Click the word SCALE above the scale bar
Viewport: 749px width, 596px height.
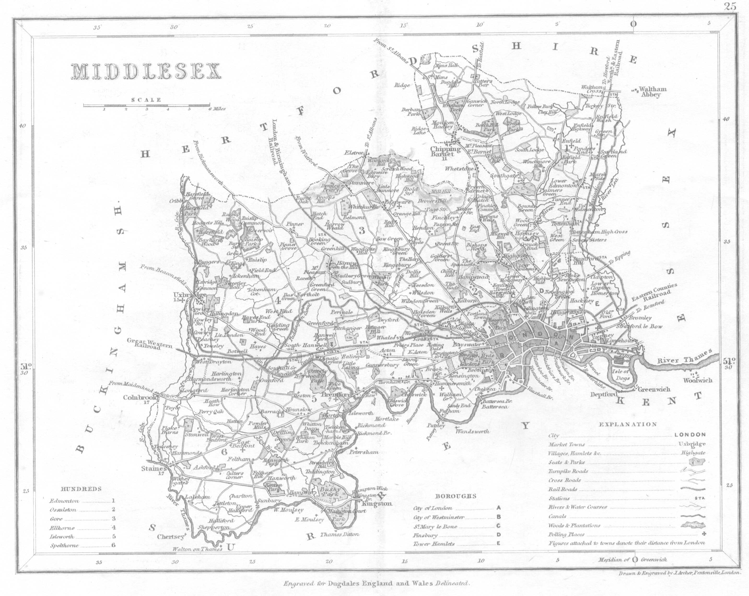point(146,100)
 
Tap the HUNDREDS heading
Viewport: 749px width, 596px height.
point(81,489)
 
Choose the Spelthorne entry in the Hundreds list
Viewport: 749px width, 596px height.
point(64,545)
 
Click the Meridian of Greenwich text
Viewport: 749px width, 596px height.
point(632,559)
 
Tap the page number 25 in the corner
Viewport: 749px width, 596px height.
point(730,7)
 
